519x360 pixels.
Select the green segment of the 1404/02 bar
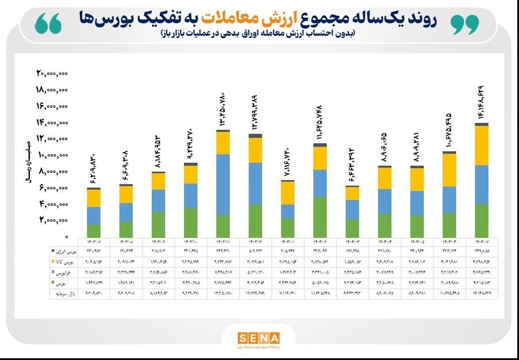[320, 217]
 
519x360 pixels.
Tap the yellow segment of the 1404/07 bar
[482, 145]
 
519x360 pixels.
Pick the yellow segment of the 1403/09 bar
[158, 181]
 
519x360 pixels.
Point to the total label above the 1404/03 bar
[352, 166]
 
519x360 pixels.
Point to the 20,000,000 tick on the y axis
[53, 73]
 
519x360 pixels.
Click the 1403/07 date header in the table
[93, 241]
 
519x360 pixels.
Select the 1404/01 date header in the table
[287, 241]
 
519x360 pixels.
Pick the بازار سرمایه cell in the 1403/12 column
[255, 293]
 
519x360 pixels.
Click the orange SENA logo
[259, 338]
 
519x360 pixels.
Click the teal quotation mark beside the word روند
[464, 24]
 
